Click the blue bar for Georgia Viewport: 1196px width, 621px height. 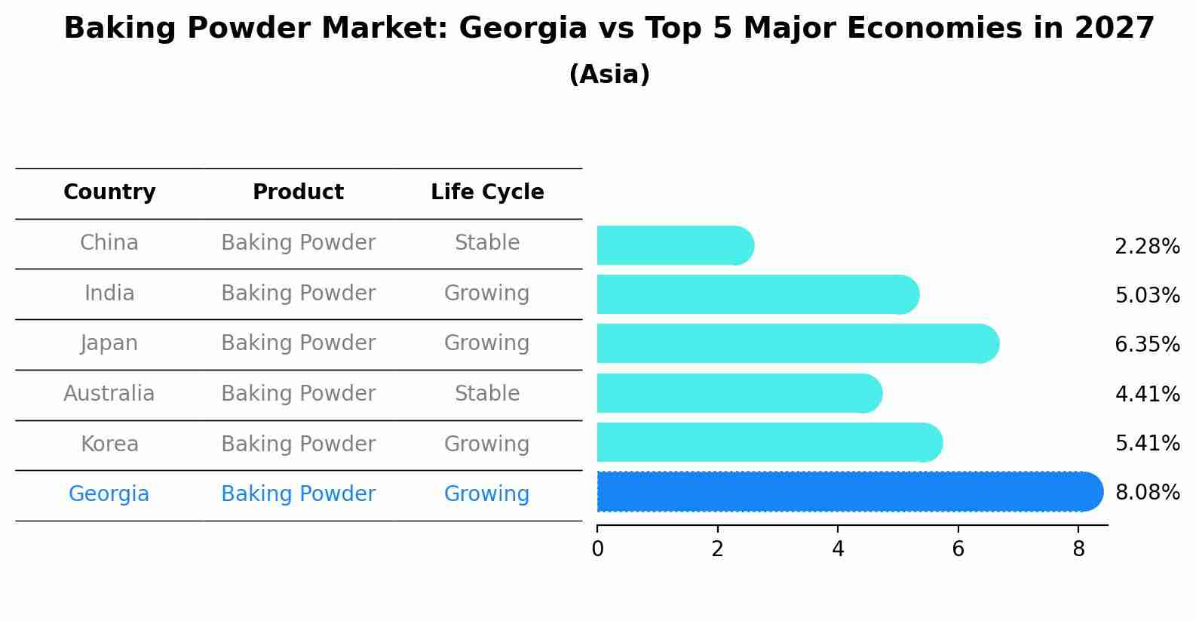pyautogui.click(x=848, y=492)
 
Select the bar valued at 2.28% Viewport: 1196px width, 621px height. pyautogui.click(x=673, y=245)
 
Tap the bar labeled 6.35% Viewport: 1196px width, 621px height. pyautogui.click(x=796, y=343)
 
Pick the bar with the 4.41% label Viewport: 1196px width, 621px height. pyautogui.click(x=738, y=393)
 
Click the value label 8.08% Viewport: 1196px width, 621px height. pyautogui.click(x=1147, y=493)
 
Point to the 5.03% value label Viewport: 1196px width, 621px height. pyautogui.click(x=1147, y=295)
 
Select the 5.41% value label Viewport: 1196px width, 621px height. pyautogui.click(x=1147, y=443)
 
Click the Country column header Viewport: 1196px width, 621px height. pyautogui.click(x=109, y=192)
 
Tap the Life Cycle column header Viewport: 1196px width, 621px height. pyautogui.click(x=487, y=192)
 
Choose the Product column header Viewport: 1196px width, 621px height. pyautogui.click(x=298, y=192)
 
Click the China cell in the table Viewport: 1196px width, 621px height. pyautogui.click(x=109, y=243)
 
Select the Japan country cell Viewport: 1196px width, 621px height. pyautogui.click(x=109, y=343)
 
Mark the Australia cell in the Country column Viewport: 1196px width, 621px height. pyautogui.click(x=109, y=394)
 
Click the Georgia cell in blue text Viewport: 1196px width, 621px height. pyautogui.click(x=109, y=494)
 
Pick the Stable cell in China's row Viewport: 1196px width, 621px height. pyautogui.click(x=487, y=243)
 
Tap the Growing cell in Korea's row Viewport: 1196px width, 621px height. pyautogui.click(x=487, y=444)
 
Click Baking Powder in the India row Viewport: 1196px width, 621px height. pyautogui.click(x=298, y=294)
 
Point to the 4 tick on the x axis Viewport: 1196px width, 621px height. pyautogui.click(x=838, y=549)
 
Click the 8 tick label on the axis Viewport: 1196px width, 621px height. pyautogui.click(x=1078, y=549)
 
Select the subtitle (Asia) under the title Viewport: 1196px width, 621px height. pyautogui.click(x=609, y=75)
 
